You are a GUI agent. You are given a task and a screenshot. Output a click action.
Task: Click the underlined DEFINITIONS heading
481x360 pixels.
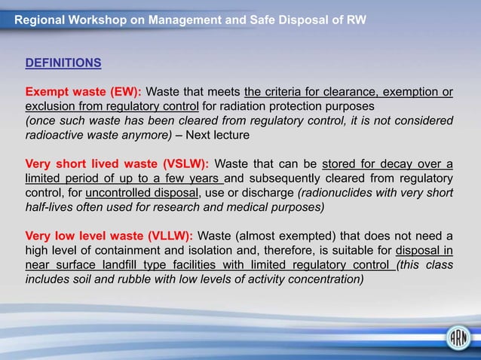[63, 63]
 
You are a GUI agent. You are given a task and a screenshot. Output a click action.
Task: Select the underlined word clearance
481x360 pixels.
[326, 93]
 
